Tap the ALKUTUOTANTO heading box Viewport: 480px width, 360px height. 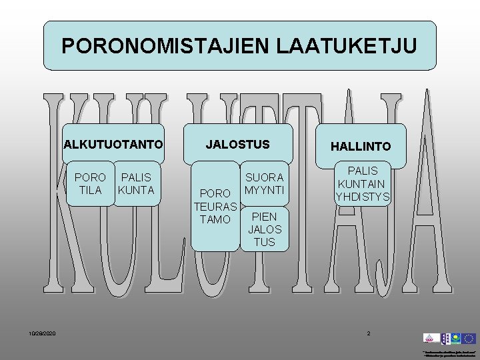[113, 144]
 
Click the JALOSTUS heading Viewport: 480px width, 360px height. [238, 144]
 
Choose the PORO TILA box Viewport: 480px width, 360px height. [90, 183]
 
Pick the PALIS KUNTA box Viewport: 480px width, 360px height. [136, 183]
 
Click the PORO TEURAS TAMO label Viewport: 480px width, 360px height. [215, 206]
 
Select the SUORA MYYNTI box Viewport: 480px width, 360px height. [264, 183]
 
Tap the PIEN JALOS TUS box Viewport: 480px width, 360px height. [264, 229]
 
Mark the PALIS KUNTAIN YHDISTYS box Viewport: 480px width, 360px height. [362, 183]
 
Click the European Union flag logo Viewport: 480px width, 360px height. [469, 339]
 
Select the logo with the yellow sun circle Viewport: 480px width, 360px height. [455, 339]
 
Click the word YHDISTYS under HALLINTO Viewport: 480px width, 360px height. [362, 197]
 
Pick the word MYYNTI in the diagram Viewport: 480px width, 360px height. [264, 190]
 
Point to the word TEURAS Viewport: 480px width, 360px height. [215, 206]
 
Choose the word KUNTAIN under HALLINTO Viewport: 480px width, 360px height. [362, 183]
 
